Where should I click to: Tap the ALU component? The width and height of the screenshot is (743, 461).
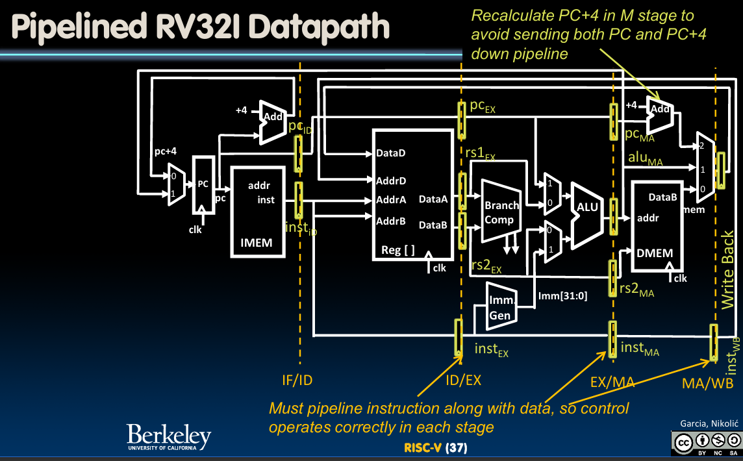[586, 209]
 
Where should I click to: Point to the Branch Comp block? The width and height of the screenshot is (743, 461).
[501, 212]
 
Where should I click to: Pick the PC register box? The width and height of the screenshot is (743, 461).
[203, 184]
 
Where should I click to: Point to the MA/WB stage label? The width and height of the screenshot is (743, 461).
[707, 383]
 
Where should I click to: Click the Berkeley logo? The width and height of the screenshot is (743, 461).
[169, 437]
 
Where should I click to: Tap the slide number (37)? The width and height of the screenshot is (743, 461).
[456, 448]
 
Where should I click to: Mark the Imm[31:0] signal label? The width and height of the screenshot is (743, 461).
[562, 297]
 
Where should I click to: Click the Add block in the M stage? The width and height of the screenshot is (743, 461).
[661, 110]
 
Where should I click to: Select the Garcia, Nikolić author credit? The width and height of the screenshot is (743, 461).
[707, 423]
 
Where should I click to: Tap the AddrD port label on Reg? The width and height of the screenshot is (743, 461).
[390, 180]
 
